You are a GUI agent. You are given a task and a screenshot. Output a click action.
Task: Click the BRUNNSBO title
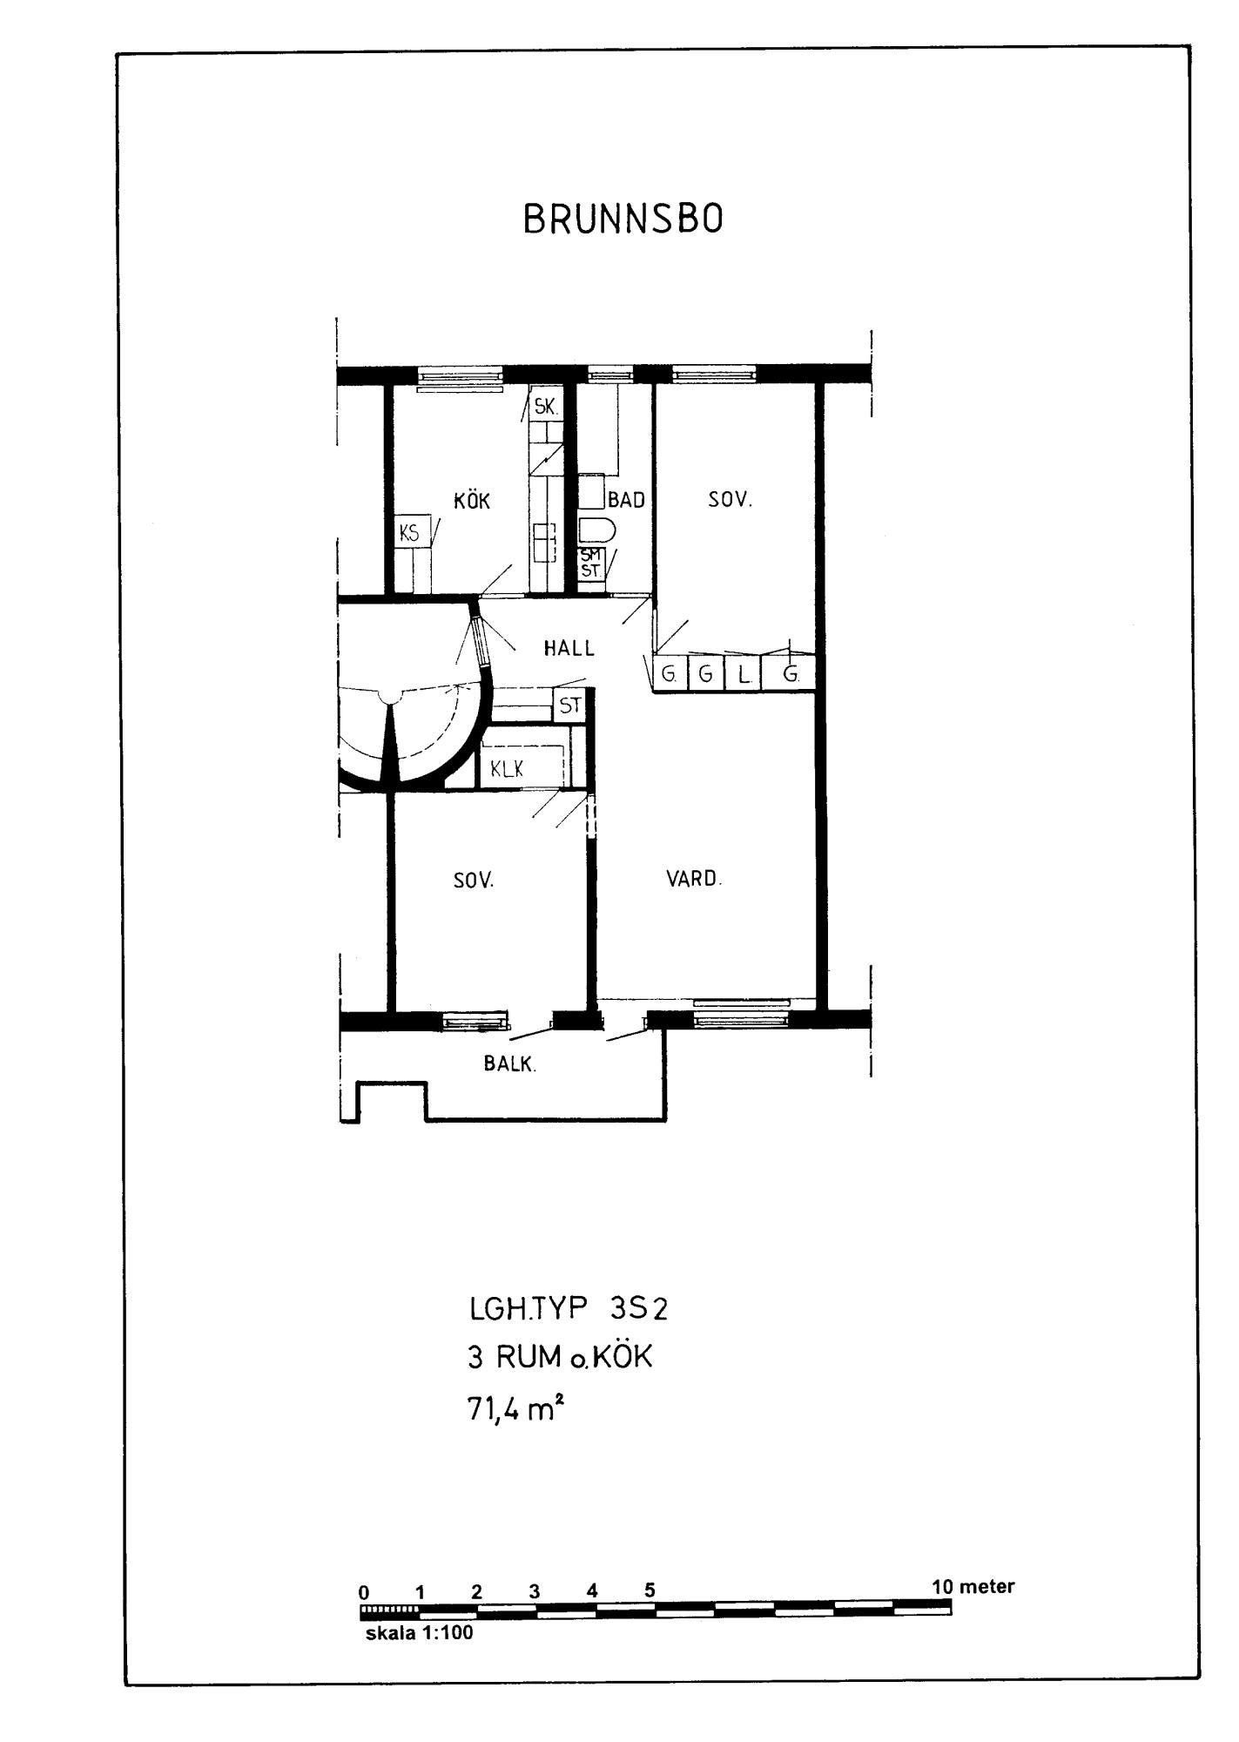(x=623, y=219)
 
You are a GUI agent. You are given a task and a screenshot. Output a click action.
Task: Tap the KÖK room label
(x=472, y=501)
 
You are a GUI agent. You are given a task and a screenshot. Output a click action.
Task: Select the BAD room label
(x=627, y=501)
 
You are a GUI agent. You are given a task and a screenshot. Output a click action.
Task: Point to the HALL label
(x=569, y=648)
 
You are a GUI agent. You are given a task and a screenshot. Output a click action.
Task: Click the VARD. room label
(x=694, y=878)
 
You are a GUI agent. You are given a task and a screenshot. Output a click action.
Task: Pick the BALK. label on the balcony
(x=510, y=1063)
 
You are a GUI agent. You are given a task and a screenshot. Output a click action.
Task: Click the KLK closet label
(x=507, y=769)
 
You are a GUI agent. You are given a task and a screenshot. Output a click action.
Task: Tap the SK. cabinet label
(x=546, y=405)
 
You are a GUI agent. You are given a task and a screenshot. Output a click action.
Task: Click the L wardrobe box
(x=744, y=674)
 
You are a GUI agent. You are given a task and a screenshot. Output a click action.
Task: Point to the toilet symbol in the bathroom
(x=597, y=530)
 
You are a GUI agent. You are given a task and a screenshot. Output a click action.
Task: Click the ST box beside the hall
(x=570, y=705)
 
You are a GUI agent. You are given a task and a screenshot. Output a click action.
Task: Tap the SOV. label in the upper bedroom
(x=730, y=500)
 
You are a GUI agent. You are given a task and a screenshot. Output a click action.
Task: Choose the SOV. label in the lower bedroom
(x=474, y=880)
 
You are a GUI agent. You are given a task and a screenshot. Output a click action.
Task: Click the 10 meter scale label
(x=973, y=1586)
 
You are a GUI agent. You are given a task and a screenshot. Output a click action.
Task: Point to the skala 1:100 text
(x=420, y=1633)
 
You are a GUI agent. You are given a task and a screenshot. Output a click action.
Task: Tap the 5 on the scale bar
(x=650, y=1590)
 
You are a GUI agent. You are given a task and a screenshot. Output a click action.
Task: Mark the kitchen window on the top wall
(x=461, y=376)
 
